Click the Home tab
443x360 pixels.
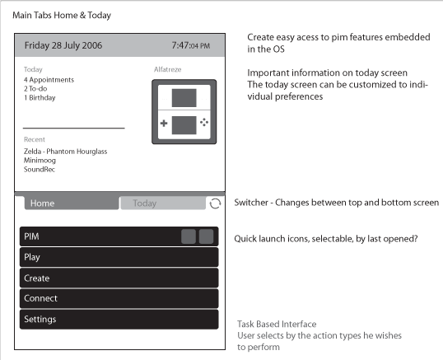72,203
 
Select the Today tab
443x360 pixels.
163,203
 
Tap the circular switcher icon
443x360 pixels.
215,203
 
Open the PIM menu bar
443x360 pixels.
119,236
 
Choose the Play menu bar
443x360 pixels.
119,257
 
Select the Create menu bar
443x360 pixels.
119,278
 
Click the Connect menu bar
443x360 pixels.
119,298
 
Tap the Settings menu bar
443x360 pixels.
119,320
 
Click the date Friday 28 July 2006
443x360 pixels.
63,45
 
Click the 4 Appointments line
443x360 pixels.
49,80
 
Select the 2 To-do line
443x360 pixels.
35,89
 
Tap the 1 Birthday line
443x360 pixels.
40,98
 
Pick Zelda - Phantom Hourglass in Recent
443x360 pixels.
65,152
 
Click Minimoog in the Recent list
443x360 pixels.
40,161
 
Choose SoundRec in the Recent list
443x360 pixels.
40,170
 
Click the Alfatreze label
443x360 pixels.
167,69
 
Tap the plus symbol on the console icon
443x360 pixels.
164,124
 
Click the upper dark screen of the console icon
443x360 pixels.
184,98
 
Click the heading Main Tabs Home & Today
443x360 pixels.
62,16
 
